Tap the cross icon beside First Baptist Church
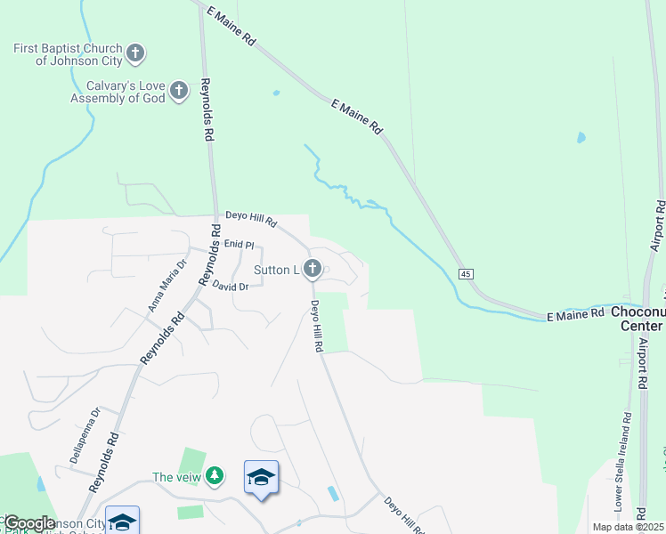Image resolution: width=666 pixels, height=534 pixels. coord(135,54)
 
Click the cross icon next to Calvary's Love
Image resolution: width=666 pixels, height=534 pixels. coord(179,91)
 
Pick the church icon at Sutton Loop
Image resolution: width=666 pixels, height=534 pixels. coord(313,269)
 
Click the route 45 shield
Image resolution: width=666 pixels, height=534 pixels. coord(466,274)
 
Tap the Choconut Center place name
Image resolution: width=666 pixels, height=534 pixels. coord(638,319)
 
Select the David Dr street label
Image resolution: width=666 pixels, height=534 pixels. coord(231,286)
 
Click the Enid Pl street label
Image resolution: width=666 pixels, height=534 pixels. coord(239,244)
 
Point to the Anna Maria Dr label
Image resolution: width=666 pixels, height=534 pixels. coord(166,284)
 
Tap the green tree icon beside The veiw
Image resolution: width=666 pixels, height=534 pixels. coord(214,477)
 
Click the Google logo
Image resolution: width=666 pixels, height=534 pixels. coord(28,523)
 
